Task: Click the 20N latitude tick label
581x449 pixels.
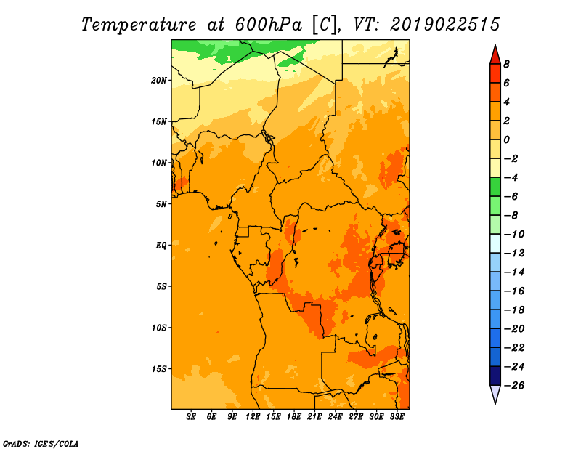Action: (x=159, y=81)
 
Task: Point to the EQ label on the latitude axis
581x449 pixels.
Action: (x=161, y=246)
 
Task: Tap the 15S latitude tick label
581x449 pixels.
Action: (x=159, y=369)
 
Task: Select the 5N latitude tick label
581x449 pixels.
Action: (x=161, y=204)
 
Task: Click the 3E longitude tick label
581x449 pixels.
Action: (x=191, y=416)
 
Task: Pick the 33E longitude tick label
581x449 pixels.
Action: (x=397, y=416)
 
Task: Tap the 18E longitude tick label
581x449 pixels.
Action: (x=294, y=416)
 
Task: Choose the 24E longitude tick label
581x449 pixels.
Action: (x=335, y=416)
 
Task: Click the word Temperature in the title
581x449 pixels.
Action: (x=139, y=25)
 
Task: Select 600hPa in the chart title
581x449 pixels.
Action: (x=268, y=25)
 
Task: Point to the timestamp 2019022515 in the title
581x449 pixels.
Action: (x=445, y=25)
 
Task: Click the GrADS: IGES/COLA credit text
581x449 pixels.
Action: (x=41, y=443)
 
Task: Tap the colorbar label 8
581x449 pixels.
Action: (x=506, y=64)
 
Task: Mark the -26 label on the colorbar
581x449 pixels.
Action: (x=514, y=386)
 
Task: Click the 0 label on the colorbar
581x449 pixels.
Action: (x=506, y=139)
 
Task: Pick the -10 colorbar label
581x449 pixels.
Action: (x=514, y=235)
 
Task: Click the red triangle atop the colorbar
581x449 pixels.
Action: (x=495, y=56)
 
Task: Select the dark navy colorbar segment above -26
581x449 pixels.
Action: (x=495, y=376)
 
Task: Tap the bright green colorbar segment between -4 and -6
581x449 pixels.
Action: (x=495, y=187)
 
